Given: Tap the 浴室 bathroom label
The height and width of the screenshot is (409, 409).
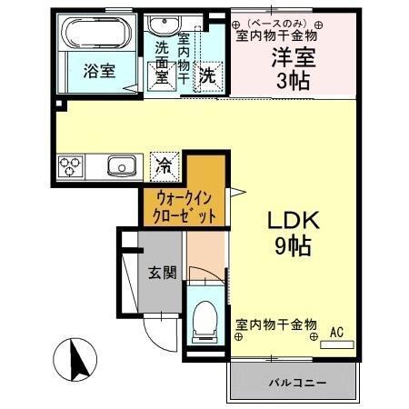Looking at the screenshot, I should (x=100, y=71).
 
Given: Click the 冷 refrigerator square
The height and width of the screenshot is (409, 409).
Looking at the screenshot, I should (x=165, y=165).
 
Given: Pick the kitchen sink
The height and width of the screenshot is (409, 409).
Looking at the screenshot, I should (x=121, y=165).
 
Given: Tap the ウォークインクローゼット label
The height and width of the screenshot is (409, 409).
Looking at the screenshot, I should (x=184, y=206).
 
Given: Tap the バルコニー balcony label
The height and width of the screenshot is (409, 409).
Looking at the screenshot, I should (x=295, y=384).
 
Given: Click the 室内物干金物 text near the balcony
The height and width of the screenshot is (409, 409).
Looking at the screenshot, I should (x=276, y=324).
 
